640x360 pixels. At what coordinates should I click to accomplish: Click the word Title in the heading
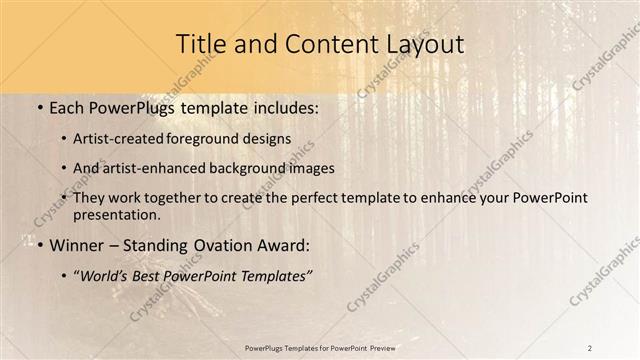(x=200, y=45)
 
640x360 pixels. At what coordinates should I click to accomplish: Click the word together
(x=197, y=199)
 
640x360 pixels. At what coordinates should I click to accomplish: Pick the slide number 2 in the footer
(x=590, y=347)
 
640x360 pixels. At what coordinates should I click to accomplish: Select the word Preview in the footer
(x=378, y=347)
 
